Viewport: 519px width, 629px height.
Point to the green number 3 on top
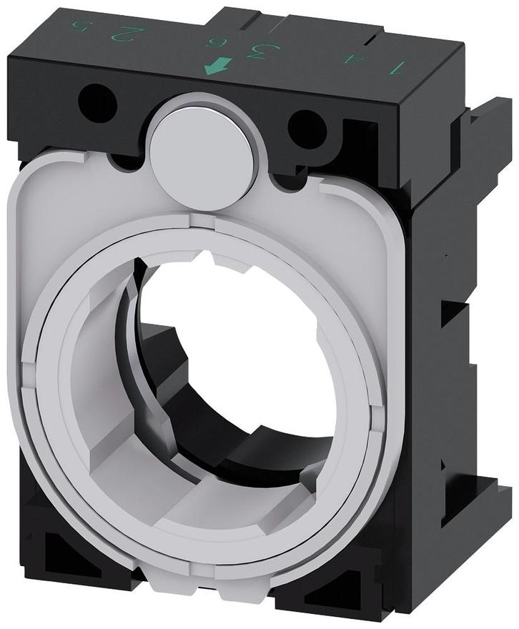(x=252, y=51)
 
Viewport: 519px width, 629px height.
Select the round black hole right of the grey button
(x=307, y=129)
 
